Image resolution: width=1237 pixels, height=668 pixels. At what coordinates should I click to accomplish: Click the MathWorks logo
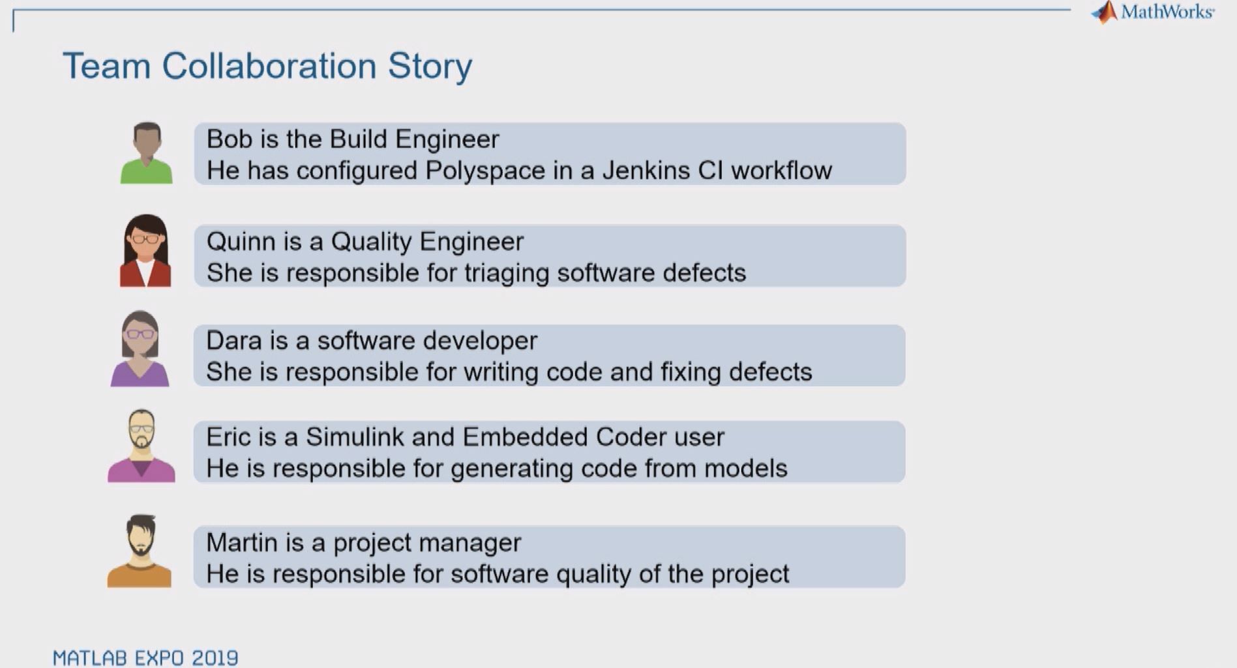click(x=1152, y=12)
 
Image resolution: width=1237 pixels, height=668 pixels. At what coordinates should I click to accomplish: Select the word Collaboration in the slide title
click(x=269, y=66)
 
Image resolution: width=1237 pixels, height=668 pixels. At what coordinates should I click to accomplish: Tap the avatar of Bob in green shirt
click(x=146, y=153)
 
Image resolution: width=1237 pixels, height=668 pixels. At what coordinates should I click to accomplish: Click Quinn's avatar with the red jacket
click(x=145, y=251)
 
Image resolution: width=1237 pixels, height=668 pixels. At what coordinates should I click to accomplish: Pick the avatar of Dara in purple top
click(x=140, y=349)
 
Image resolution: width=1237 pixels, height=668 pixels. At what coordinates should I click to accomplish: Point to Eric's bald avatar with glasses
click(x=142, y=446)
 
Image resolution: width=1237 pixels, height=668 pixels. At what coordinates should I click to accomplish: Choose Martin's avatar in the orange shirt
click(x=140, y=551)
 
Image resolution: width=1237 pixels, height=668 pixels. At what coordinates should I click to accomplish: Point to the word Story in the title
click(x=430, y=67)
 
